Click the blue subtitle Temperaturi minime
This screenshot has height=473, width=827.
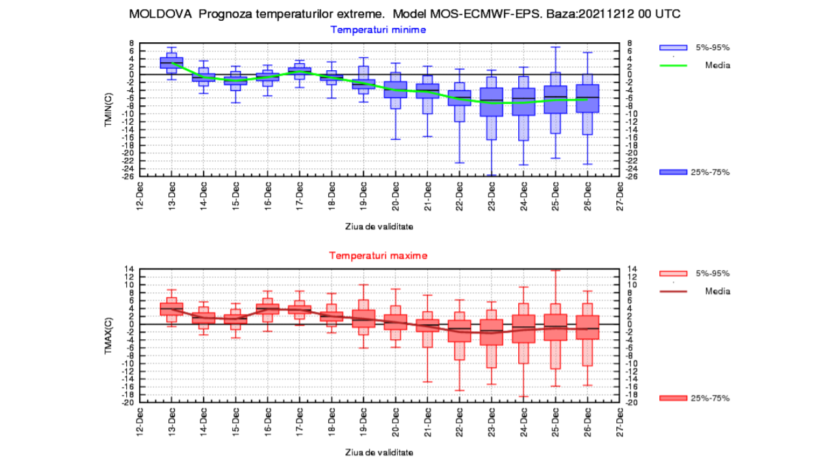(x=378, y=29)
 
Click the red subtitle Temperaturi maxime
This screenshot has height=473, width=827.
(x=378, y=255)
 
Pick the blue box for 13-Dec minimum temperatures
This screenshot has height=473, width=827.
(x=172, y=62)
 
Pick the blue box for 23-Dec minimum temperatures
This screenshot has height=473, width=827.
(x=492, y=102)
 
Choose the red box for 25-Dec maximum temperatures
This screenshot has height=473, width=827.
(x=556, y=327)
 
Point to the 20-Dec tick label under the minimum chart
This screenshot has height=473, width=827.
(x=395, y=194)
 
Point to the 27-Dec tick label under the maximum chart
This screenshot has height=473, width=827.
(x=620, y=420)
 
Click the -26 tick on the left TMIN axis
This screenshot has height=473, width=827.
(x=129, y=176)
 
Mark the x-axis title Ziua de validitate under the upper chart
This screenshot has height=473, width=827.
(x=378, y=227)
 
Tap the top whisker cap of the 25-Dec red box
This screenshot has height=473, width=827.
(x=556, y=270)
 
